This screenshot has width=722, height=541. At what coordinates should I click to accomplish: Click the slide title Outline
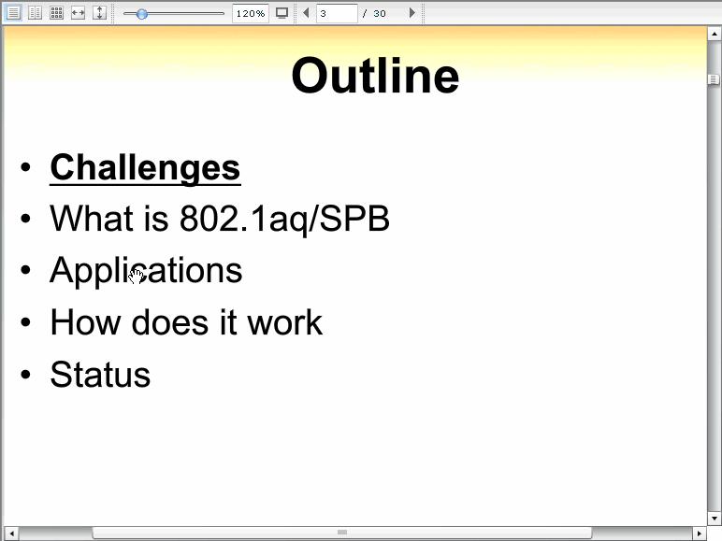(x=375, y=76)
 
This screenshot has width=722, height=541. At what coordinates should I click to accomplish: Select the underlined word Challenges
(x=145, y=168)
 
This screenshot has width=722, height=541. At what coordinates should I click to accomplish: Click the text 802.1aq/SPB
(x=284, y=219)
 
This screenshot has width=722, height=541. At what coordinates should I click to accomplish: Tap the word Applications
(x=146, y=271)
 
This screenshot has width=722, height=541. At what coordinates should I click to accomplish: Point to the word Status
(x=100, y=375)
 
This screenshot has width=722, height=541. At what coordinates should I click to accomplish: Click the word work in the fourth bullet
(x=285, y=322)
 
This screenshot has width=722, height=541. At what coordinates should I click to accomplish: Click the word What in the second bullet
(x=92, y=218)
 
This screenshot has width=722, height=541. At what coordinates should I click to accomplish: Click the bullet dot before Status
(x=26, y=374)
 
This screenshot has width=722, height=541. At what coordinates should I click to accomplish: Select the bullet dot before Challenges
(x=26, y=166)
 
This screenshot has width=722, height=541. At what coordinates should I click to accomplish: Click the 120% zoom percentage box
(x=251, y=13)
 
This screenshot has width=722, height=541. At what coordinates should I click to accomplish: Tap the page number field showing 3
(x=337, y=13)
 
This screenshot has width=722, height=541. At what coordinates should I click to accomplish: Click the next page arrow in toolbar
(x=412, y=13)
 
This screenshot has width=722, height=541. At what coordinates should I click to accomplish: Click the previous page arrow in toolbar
(x=306, y=13)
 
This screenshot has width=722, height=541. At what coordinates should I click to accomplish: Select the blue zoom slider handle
(x=142, y=14)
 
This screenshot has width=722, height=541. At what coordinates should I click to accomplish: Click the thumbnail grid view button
(x=56, y=13)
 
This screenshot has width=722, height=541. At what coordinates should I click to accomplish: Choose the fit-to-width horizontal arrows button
(x=78, y=13)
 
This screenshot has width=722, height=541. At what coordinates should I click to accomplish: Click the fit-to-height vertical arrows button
(x=99, y=13)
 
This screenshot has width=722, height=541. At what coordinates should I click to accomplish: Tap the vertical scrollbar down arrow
(x=714, y=518)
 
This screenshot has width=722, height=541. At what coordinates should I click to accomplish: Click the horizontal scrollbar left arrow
(x=11, y=534)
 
